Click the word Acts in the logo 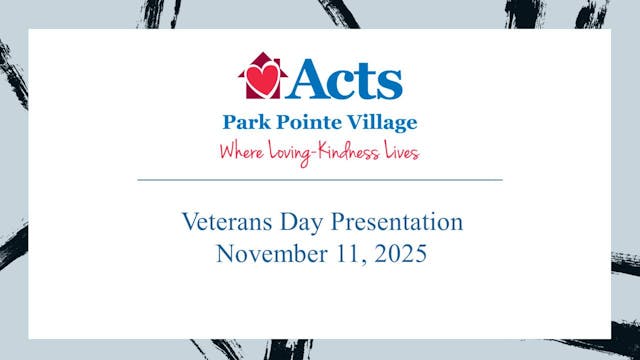pyautogui.click(x=346, y=79)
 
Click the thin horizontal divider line pyautogui.click(x=320, y=179)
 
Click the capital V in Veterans pyautogui.click(x=188, y=220)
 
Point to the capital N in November pyautogui.click(x=225, y=253)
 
